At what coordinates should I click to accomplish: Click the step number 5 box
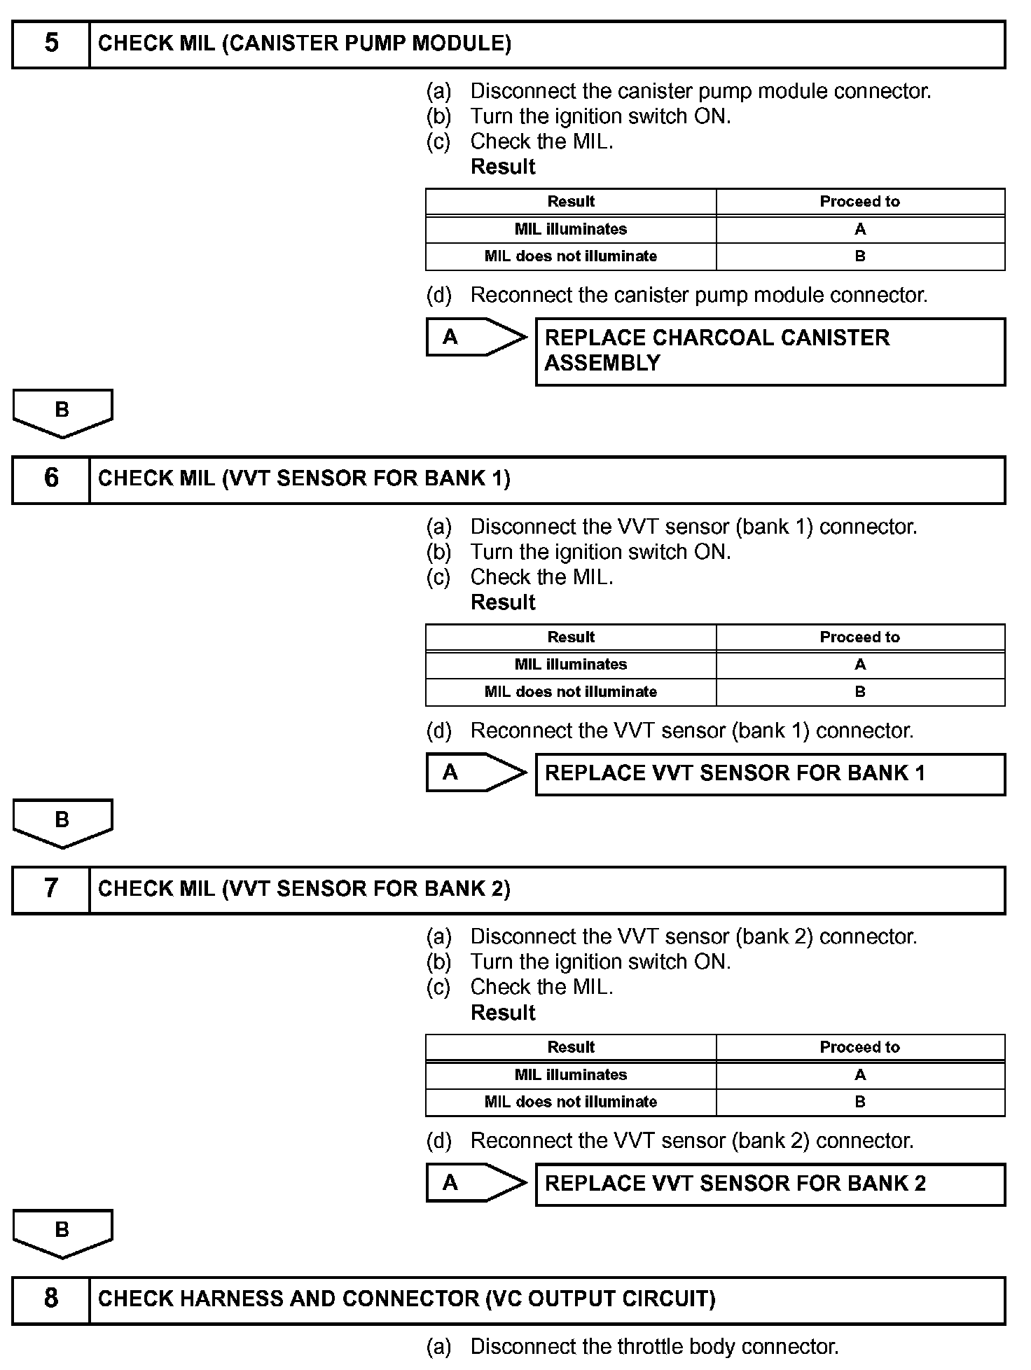coord(51,43)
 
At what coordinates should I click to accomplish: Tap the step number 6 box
coord(51,479)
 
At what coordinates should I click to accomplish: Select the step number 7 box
coord(51,889)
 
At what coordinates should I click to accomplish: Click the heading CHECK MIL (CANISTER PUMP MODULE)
coord(305,43)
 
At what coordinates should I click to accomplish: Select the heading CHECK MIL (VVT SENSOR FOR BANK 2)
coord(304,889)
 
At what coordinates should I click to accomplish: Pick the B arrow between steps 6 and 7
coord(62,822)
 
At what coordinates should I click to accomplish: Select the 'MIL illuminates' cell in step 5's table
coord(571,230)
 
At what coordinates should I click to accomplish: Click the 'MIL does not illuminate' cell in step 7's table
coord(571,1102)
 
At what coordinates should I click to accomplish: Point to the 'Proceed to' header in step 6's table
coord(859,637)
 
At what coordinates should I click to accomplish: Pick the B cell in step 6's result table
coord(859,692)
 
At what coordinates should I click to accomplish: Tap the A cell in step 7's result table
coord(859,1075)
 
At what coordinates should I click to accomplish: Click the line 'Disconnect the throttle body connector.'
coord(653,1346)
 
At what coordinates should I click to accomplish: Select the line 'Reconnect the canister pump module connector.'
coord(698,295)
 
